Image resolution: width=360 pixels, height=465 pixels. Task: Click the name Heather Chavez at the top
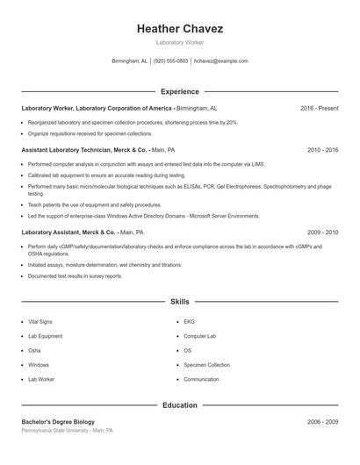tap(180, 29)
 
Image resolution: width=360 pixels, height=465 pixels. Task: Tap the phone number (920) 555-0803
tap(171, 61)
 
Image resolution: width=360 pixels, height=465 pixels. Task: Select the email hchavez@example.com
tap(221, 61)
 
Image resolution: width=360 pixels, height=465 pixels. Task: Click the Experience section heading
tap(180, 91)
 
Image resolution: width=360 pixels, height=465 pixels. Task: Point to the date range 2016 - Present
tap(319, 108)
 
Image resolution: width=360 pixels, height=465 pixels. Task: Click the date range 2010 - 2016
tap(322, 150)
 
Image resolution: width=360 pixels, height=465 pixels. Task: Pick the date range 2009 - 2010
tap(322, 232)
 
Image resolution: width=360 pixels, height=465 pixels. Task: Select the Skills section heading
tap(180, 301)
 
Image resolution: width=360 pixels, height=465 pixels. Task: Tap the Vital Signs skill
tap(40, 322)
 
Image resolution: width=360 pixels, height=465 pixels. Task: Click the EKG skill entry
tap(189, 322)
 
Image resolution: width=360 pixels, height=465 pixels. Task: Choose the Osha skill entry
tap(34, 351)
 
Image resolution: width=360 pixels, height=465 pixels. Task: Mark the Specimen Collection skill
tap(206, 365)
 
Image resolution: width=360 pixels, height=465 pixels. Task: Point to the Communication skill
tap(201, 380)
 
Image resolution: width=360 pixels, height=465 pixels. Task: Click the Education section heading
tap(180, 405)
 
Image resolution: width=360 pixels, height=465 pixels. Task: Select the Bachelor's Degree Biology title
tap(58, 422)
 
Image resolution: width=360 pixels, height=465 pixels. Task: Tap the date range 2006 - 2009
tap(322, 422)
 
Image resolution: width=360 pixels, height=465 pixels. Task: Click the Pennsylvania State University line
tap(68, 431)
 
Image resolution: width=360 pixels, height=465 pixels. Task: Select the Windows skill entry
tap(39, 365)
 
